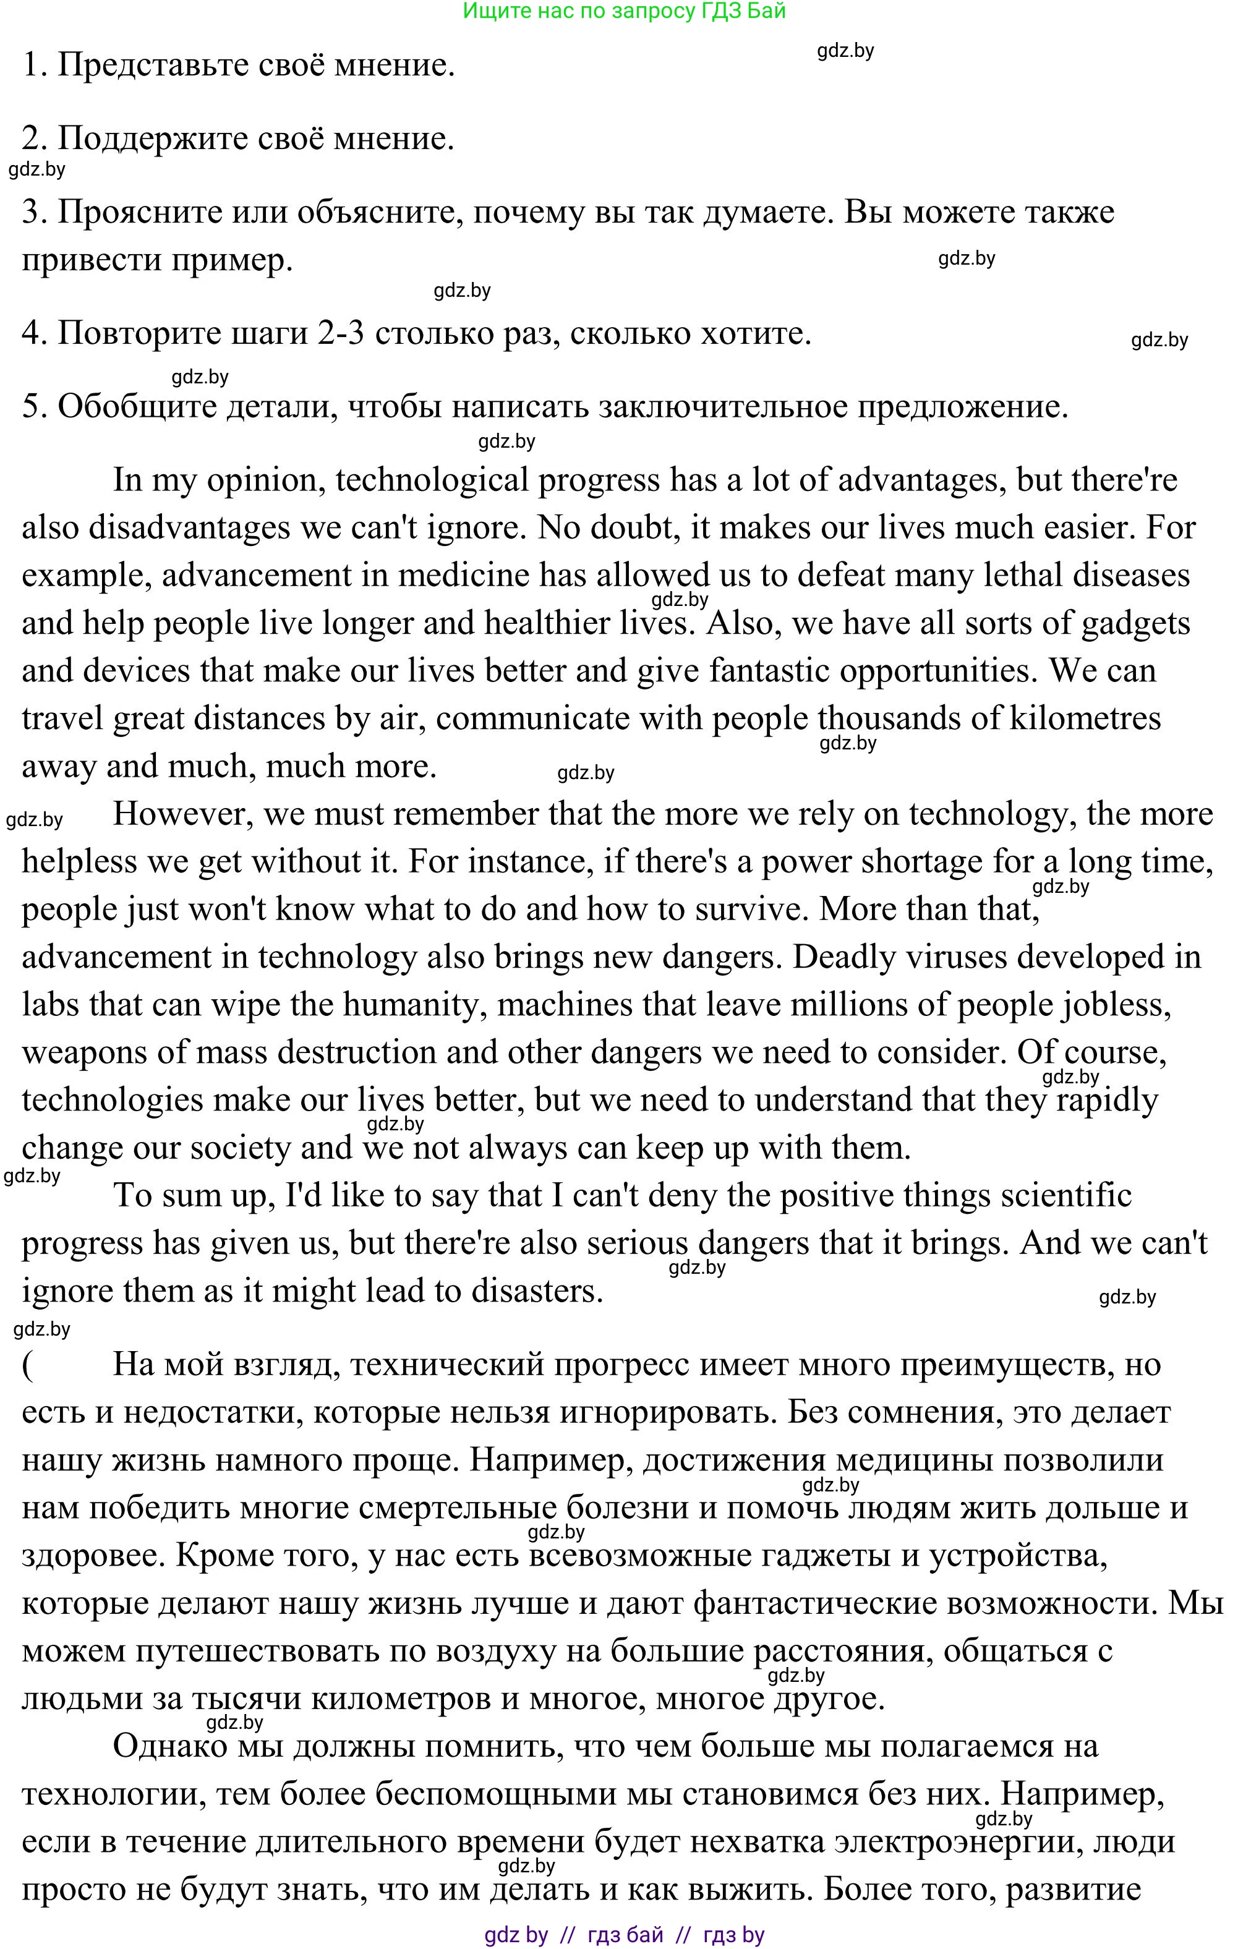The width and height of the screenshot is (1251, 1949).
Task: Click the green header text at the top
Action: coord(624,11)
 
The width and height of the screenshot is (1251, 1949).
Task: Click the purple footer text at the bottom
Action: coord(624,1935)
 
